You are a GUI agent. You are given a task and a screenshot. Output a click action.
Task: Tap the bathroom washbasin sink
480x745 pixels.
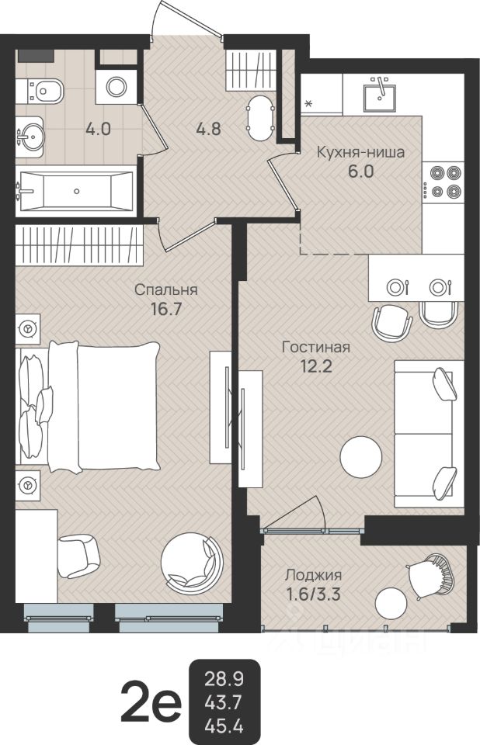pyautogui.click(x=30, y=135)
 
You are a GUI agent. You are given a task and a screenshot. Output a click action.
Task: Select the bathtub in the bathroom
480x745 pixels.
pyautogui.click(x=75, y=191)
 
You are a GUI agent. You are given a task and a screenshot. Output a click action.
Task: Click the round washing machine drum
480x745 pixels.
pyautogui.click(x=116, y=86)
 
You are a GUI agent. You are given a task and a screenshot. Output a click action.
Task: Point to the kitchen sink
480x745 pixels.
pyautogui.click(x=381, y=96)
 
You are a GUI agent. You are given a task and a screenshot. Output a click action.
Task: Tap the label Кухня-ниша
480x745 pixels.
pyautogui.click(x=360, y=153)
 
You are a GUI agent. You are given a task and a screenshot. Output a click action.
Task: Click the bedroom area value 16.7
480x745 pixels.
pyautogui.click(x=166, y=309)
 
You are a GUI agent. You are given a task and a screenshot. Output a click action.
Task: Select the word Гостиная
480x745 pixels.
pyautogui.click(x=316, y=347)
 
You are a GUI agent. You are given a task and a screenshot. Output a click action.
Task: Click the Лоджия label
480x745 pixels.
pyautogui.click(x=313, y=575)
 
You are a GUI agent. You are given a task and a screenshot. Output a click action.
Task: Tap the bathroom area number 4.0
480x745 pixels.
pyautogui.click(x=98, y=128)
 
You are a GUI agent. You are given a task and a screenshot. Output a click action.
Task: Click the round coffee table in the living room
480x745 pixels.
pyautogui.click(x=361, y=457)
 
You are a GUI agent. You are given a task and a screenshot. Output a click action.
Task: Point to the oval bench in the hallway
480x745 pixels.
pyautogui.click(x=260, y=118)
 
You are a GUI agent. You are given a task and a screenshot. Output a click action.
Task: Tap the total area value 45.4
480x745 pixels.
pyautogui.click(x=224, y=726)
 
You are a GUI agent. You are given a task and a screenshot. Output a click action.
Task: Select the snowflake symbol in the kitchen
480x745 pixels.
pyautogui.click(x=308, y=103)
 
